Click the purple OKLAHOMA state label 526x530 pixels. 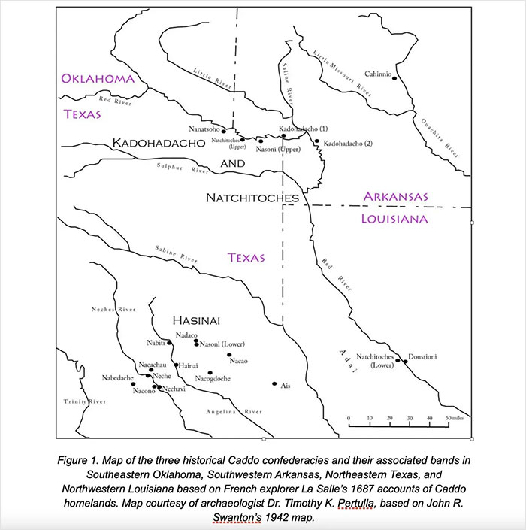(x=98, y=79)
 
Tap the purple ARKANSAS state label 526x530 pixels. (x=396, y=197)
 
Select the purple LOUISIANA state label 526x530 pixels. (x=395, y=220)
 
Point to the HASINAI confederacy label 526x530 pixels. (x=195, y=320)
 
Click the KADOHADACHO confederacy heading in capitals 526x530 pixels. (x=159, y=143)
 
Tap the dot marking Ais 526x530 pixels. (x=274, y=383)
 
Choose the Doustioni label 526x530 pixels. (x=422, y=356)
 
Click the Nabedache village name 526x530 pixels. (x=118, y=378)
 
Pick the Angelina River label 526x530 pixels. (x=234, y=412)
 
